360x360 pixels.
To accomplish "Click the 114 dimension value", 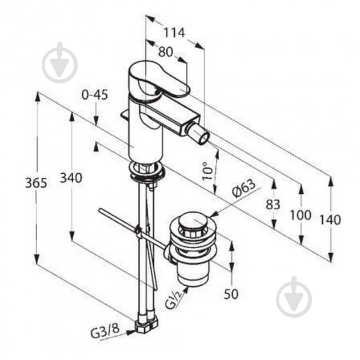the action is point(174,33).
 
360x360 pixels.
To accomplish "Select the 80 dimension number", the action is point(165,51).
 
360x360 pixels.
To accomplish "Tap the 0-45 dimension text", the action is point(95,95).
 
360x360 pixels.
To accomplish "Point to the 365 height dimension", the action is point(36,183).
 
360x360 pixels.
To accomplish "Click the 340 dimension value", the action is point(71,178).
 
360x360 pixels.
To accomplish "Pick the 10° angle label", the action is point(207,171).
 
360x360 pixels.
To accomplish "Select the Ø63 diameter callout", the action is point(243,188).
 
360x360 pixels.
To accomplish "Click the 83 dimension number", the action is point(273,205).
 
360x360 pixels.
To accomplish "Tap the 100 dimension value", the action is point(301,215).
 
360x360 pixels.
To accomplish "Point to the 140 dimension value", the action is point(330,220).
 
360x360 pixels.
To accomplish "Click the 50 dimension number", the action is point(231,294).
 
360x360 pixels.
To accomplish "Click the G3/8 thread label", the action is point(105,331).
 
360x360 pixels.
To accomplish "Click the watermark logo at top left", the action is point(59,62).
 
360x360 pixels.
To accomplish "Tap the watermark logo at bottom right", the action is point(294,297).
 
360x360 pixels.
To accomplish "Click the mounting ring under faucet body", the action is point(147,170).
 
